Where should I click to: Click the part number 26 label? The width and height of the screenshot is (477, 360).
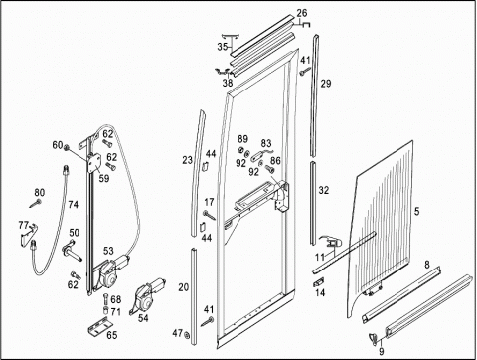302,13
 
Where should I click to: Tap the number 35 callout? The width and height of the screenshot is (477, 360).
223,47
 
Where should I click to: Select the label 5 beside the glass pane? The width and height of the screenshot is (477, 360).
416,211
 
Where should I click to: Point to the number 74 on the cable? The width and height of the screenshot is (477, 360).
74,205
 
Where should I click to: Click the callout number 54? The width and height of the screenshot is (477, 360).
143,318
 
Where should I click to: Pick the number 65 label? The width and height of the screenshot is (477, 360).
112,335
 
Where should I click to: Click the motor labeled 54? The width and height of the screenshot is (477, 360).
147,295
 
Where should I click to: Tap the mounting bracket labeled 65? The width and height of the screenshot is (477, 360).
100,325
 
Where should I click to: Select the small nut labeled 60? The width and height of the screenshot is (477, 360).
66,147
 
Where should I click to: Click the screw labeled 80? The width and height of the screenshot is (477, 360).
36,203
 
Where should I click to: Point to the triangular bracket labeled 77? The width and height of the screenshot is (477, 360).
29,235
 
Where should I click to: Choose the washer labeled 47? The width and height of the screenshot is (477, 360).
187,335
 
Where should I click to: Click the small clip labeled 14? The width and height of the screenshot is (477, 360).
319,282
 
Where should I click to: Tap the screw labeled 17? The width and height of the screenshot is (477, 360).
210,215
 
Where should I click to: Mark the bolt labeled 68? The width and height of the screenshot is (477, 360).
106,299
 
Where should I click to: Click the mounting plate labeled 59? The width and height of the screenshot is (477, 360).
94,164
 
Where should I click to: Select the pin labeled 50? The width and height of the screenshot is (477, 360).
72,252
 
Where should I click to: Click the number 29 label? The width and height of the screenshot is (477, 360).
325,83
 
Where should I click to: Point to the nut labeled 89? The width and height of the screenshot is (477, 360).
241,150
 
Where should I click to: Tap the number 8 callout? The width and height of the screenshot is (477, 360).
427,265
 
